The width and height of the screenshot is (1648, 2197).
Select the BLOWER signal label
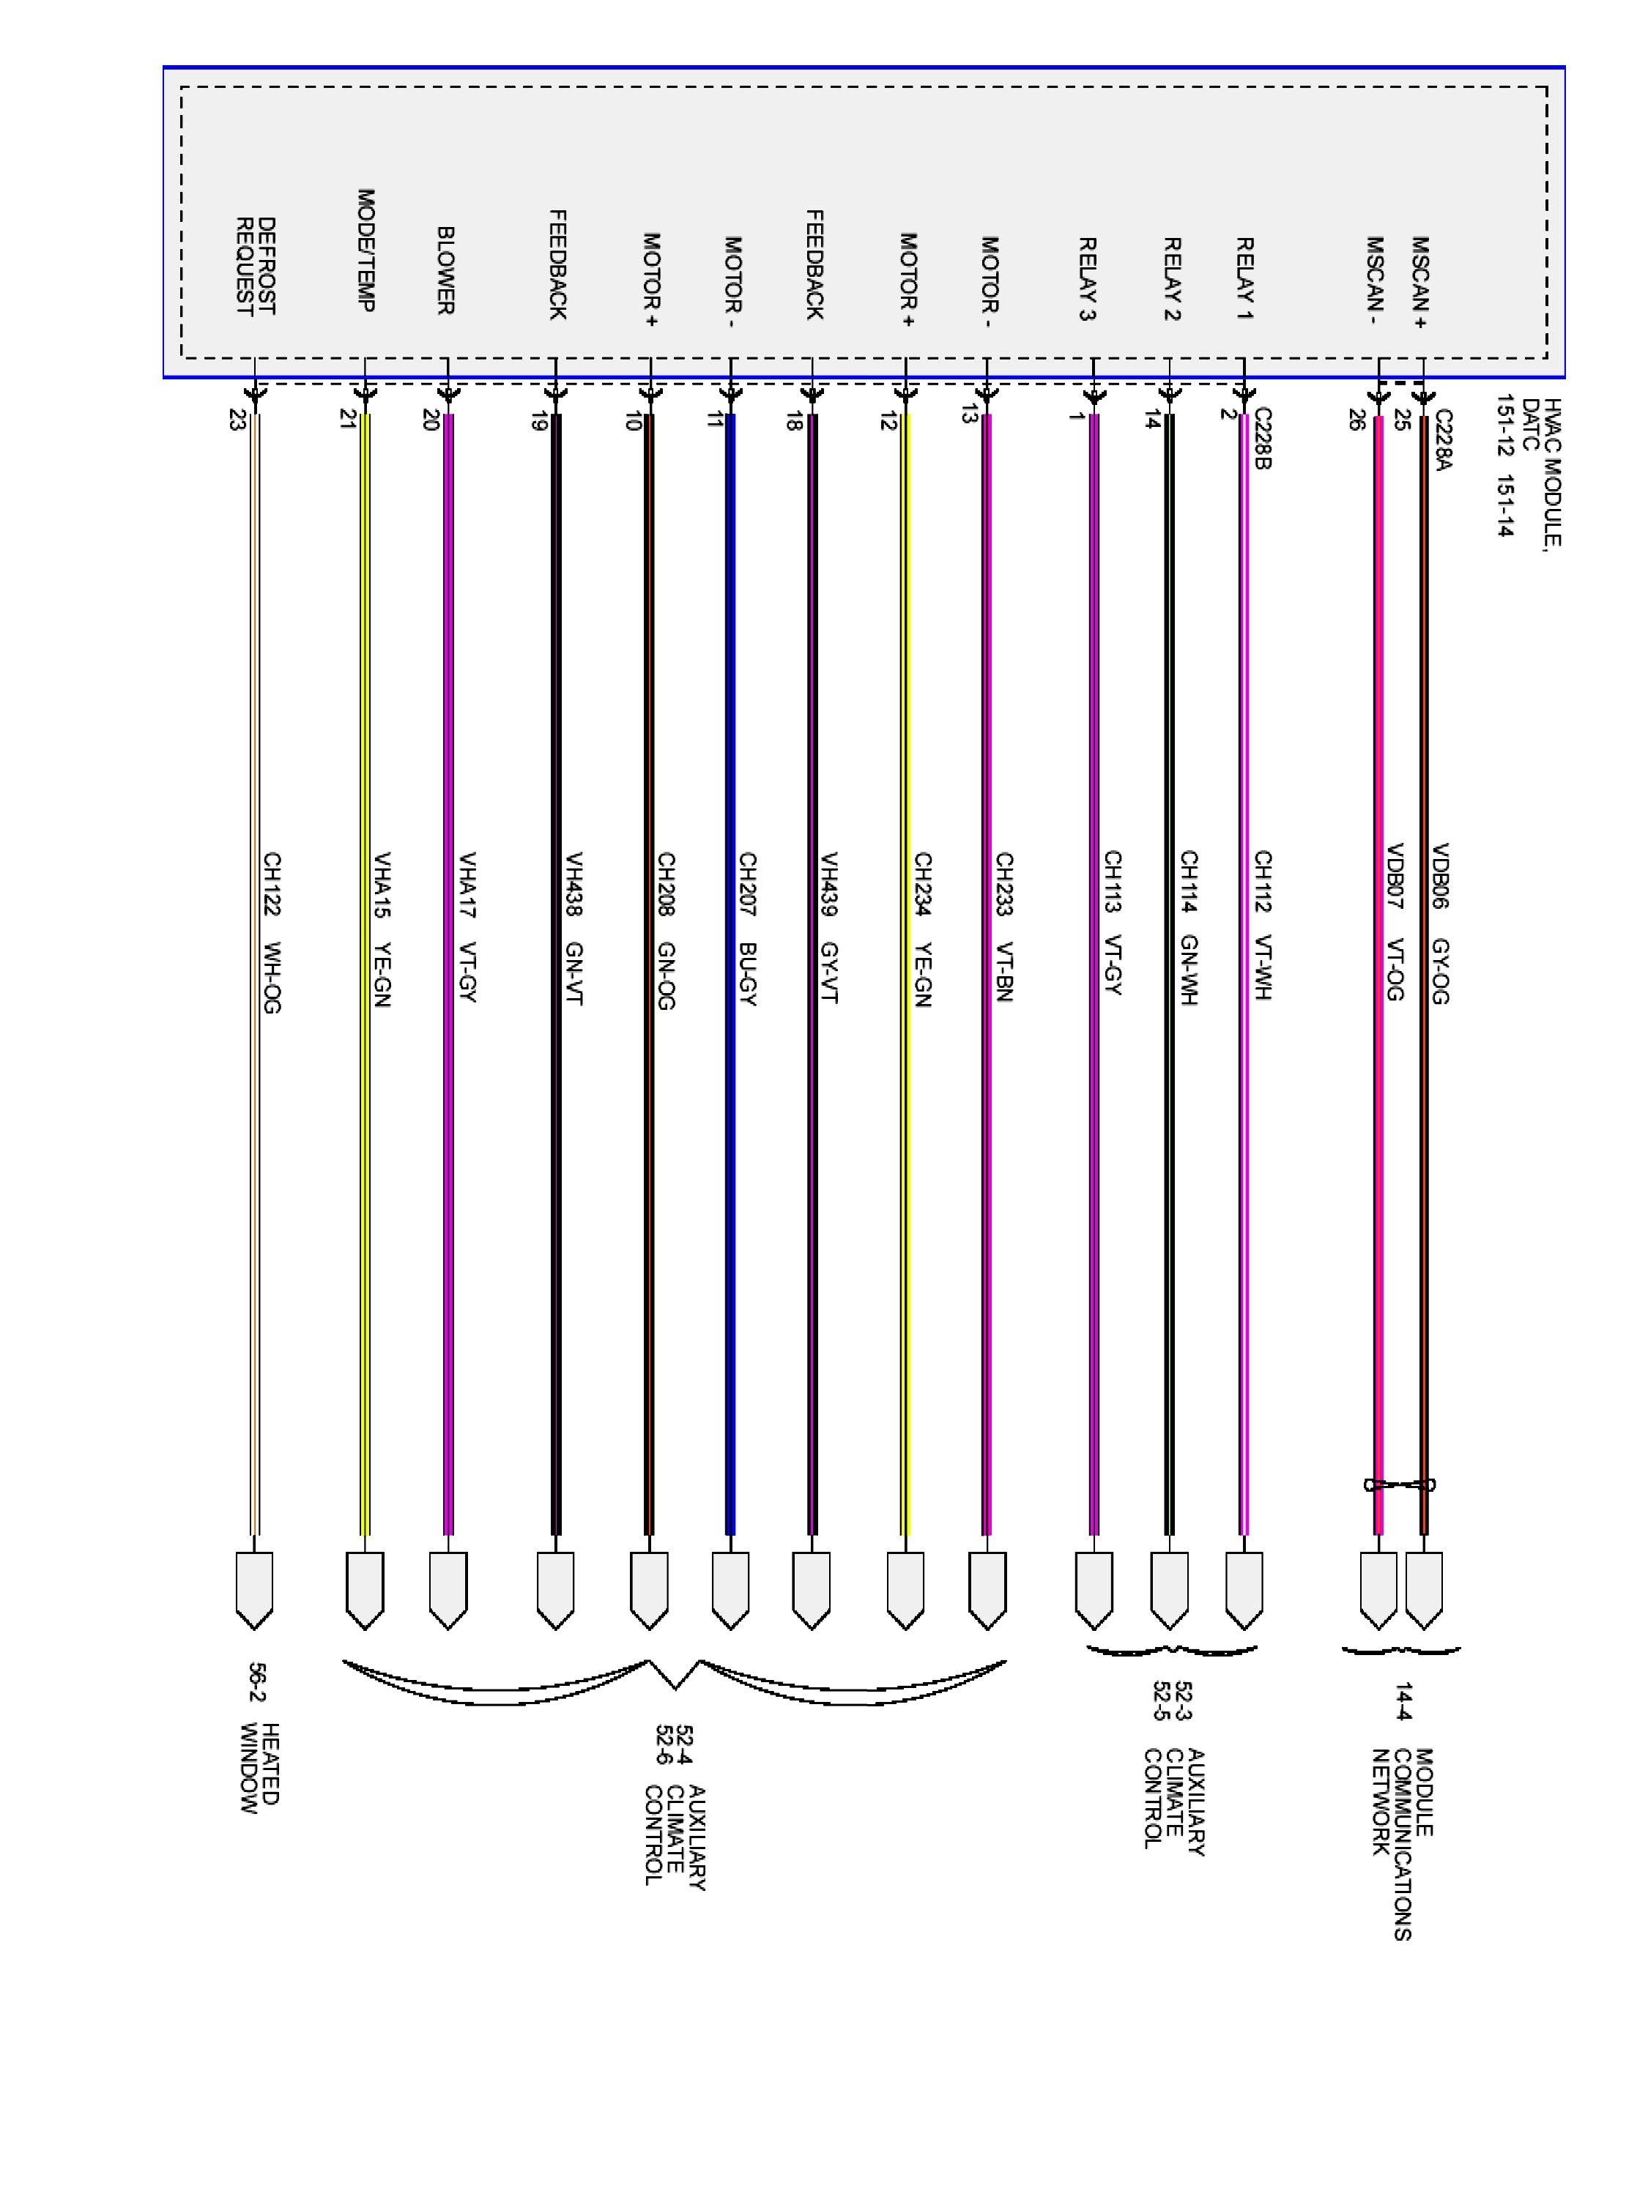446,270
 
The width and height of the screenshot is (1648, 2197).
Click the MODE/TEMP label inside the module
365,250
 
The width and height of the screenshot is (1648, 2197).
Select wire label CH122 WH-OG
271,933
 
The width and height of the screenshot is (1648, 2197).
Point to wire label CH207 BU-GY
747,929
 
